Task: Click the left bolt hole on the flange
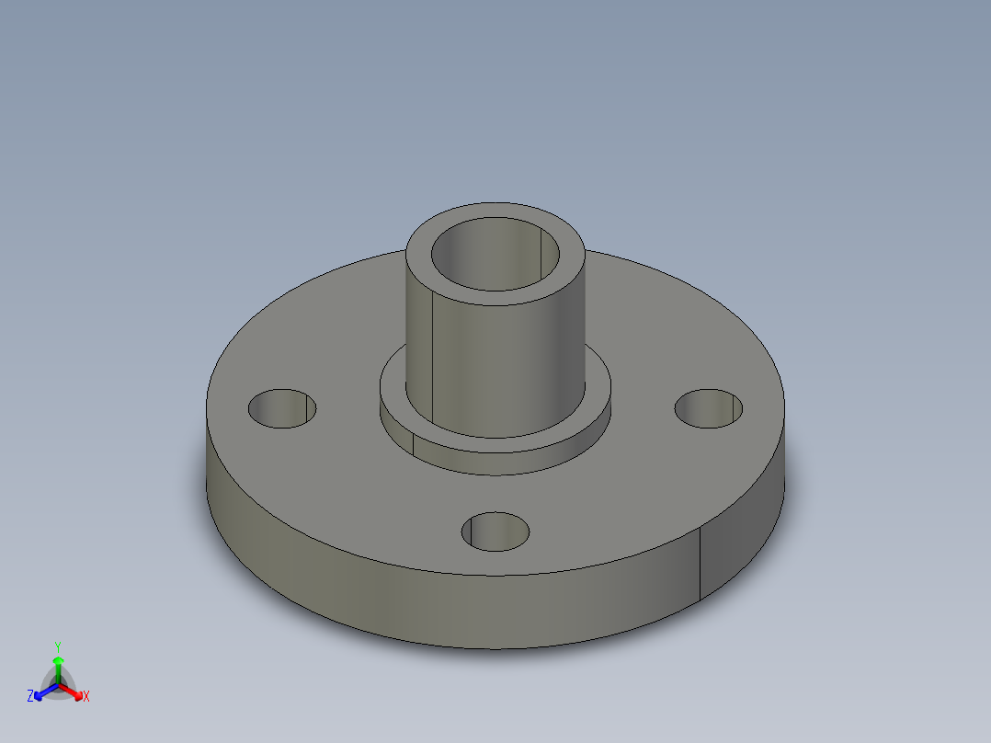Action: click(x=282, y=408)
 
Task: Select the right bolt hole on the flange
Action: click(x=709, y=408)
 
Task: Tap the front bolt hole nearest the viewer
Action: click(x=495, y=532)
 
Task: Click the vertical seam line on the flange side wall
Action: click(x=701, y=566)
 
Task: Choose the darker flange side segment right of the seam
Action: click(x=740, y=552)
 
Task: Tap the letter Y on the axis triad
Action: click(x=58, y=646)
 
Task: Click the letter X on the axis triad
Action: click(x=86, y=697)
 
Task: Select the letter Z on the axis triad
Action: click(x=30, y=697)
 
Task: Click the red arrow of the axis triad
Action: click(x=74, y=691)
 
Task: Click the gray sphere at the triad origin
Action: click(x=58, y=684)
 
